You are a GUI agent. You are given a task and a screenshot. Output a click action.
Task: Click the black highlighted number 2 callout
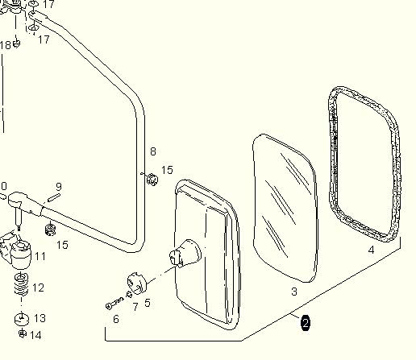point(306,323)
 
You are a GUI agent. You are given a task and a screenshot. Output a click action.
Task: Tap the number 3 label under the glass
point(294,292)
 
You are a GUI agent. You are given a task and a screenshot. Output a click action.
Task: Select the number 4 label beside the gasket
point(371,250)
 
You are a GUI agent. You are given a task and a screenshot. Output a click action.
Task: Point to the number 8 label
point(153,151)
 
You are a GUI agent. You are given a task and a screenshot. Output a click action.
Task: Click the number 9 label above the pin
point(59,186)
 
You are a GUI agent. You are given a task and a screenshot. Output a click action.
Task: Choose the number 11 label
point(40,256)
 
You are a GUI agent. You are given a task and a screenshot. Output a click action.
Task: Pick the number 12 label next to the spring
point(38,288)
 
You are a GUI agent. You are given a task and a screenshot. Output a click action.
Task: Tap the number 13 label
point(40,318)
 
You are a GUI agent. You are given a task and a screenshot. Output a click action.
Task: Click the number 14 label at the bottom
point(35,335)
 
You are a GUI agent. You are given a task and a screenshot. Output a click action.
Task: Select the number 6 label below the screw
point(116,319)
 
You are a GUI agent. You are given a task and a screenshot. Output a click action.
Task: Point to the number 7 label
point(135,307)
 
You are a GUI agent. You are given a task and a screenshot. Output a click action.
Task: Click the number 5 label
point(148,303)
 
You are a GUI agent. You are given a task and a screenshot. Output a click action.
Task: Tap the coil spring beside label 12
point(22,283)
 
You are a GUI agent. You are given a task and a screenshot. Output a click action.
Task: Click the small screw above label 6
point(115,303)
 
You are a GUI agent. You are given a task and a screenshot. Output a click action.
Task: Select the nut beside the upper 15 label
point(152,179)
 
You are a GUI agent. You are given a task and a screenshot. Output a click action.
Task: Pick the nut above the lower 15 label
point(50,230)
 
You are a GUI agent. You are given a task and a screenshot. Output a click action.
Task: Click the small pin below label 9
point(54,197)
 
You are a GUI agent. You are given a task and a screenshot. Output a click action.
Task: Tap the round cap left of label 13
point(22,319)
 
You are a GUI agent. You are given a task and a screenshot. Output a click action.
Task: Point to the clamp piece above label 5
point(137,283)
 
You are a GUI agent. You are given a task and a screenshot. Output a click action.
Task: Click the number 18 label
point(6,45)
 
